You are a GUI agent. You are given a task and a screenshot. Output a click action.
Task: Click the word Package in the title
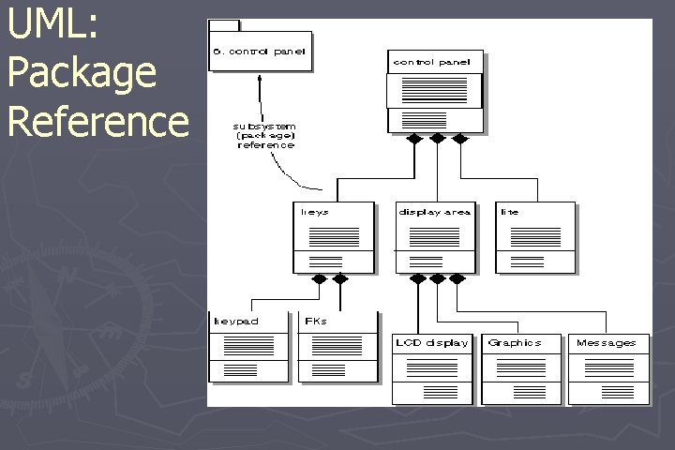click(82, 73)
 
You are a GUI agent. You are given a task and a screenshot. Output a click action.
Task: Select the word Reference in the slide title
click(97, 121)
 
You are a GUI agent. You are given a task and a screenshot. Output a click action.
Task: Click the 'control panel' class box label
click(436, 62)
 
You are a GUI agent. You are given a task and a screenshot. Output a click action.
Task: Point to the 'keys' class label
click(314, 212)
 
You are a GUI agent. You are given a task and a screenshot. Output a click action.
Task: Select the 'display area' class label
click(434, 212)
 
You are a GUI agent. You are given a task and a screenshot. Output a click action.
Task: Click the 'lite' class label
click(510, 212)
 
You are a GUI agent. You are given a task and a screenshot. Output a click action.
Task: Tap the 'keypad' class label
click(236, 322)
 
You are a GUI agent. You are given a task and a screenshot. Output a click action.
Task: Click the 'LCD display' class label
click(431, 343)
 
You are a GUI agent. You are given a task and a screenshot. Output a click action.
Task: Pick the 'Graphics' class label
click(515, 343)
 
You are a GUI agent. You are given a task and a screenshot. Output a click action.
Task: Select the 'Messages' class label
click(606, 343)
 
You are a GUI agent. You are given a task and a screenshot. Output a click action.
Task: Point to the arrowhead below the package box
click(260, 79)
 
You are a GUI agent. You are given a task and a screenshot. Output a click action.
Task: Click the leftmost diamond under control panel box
click(413, 139)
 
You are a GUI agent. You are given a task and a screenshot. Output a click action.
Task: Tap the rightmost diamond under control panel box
click(459, 139)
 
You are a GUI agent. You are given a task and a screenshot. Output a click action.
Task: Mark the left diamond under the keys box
click(320, 278)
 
